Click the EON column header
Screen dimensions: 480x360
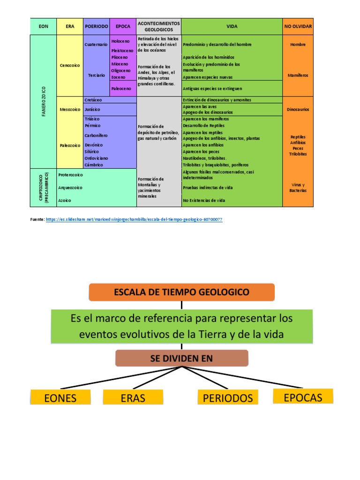point(43,27)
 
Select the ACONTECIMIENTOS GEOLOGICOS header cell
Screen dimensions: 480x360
point(158,26)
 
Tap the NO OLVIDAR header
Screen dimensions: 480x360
point(298,27)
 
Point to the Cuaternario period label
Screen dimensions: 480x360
point(96,45)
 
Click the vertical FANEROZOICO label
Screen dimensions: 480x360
point(43,101)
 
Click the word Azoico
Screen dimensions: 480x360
point(65,200)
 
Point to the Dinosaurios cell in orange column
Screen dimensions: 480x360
point(298,109)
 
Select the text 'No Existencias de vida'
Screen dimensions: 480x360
point(204,200)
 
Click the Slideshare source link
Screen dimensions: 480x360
point(134,219)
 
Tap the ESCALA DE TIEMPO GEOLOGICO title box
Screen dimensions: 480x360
point(182,292)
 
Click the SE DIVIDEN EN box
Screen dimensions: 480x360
point(182,359)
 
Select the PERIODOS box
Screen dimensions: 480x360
point(227,398)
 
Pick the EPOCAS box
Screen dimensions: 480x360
point(303,397)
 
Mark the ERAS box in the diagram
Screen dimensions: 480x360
point(133,398)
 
